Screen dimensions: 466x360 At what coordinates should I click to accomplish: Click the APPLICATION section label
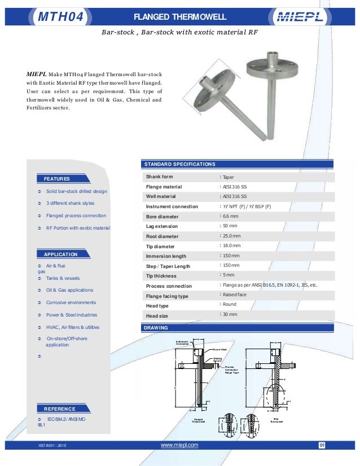click(60, 254)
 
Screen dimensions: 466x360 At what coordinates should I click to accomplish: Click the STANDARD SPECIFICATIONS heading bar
click(180, 164)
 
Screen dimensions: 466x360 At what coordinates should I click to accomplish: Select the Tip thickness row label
click(161, 276)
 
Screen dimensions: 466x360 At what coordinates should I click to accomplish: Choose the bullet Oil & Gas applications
click(69, 290)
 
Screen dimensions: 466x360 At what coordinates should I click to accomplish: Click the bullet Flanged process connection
click(76, 216)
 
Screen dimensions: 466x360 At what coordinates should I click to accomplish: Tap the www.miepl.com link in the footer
click(179, 445)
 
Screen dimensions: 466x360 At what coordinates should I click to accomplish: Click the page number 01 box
click(322, 446)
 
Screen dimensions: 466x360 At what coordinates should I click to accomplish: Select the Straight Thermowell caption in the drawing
click(198, 420)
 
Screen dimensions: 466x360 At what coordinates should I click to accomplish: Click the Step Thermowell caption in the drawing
click(276, 420)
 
